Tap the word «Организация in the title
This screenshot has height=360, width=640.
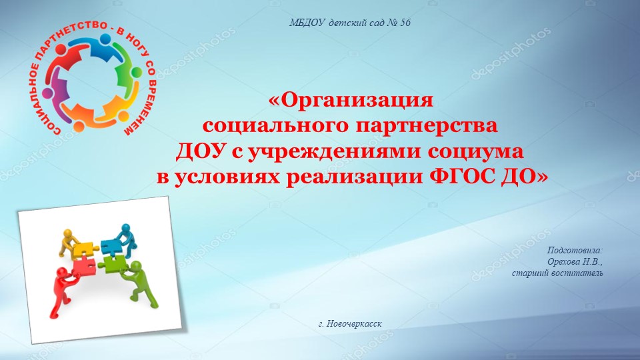coord(351,101)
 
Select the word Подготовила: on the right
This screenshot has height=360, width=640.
coord(575,250)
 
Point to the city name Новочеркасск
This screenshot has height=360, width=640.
coord(355,324)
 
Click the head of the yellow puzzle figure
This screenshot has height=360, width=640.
coord(67,234)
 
